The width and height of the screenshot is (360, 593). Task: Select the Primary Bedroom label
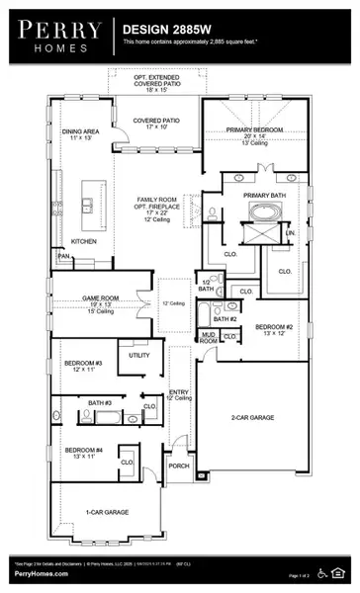pos(254,129)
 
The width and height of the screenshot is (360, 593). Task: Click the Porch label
pos(179,466)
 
